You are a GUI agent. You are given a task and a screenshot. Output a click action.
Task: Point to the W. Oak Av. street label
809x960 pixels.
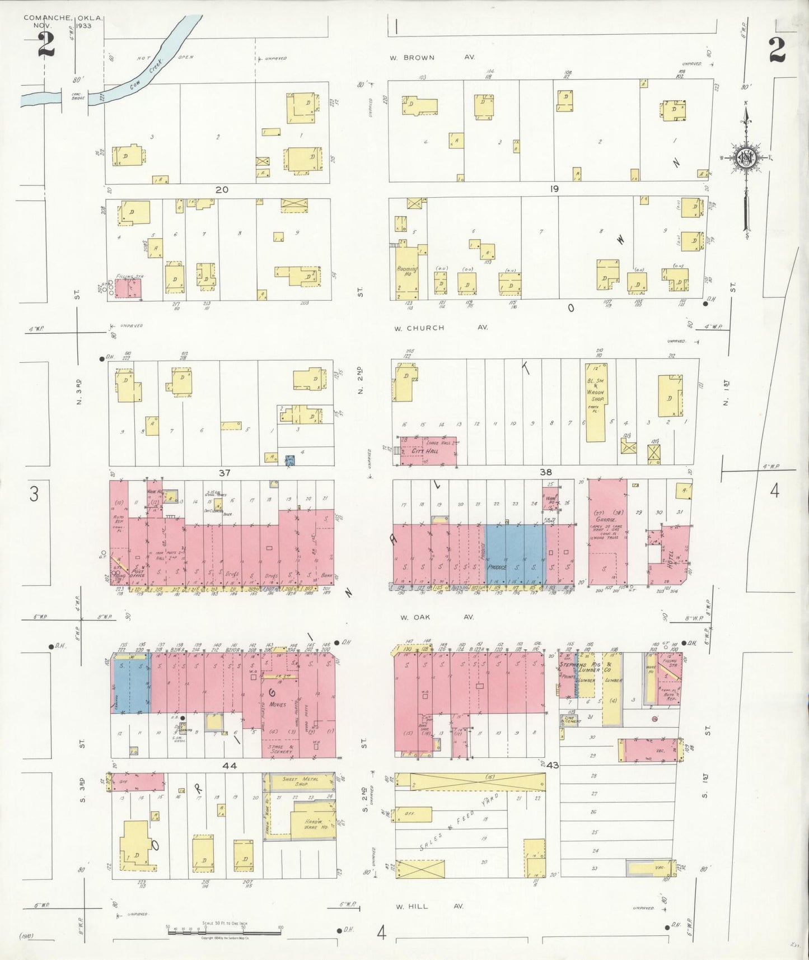point(437,617)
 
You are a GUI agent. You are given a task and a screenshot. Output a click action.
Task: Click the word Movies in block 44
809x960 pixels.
point(277,704)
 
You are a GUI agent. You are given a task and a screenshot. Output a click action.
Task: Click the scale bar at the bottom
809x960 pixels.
point(225,933)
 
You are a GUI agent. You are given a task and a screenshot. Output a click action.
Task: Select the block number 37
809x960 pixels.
point(224,473)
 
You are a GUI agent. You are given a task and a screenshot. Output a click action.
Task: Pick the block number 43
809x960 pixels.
point(553,765)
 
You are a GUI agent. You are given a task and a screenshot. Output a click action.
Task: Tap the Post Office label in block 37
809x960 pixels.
point(137,572)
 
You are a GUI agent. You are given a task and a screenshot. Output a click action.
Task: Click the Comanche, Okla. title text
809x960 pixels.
point(63,18)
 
